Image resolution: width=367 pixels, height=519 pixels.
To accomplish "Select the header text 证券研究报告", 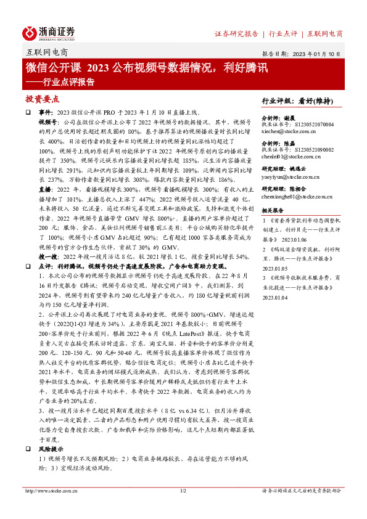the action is pos(236,34).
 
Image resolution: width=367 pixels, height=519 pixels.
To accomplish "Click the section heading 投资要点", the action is pos(43,99).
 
